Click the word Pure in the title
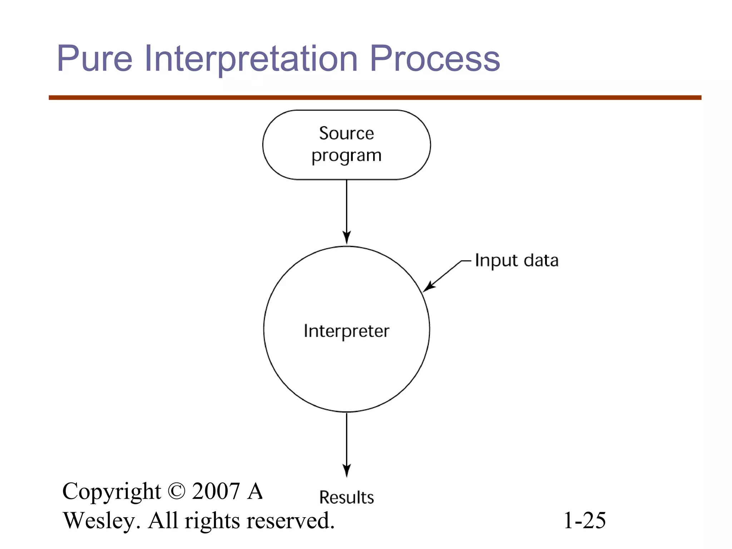point(95,58)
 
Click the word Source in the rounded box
point(346,133)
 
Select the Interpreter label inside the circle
point(346,331)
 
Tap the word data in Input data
point(541,260)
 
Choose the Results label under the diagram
point(346,497)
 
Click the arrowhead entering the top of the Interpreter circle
point(346,238)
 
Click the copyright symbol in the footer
point(176,491)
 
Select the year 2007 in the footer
point(216,491)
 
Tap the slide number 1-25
point(584,520)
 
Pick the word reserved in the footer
point(290,520)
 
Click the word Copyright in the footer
point(112,492)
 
